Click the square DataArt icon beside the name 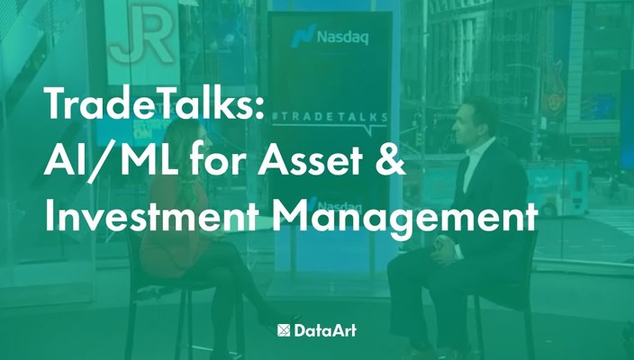285,330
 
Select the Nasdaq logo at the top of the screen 331,38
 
